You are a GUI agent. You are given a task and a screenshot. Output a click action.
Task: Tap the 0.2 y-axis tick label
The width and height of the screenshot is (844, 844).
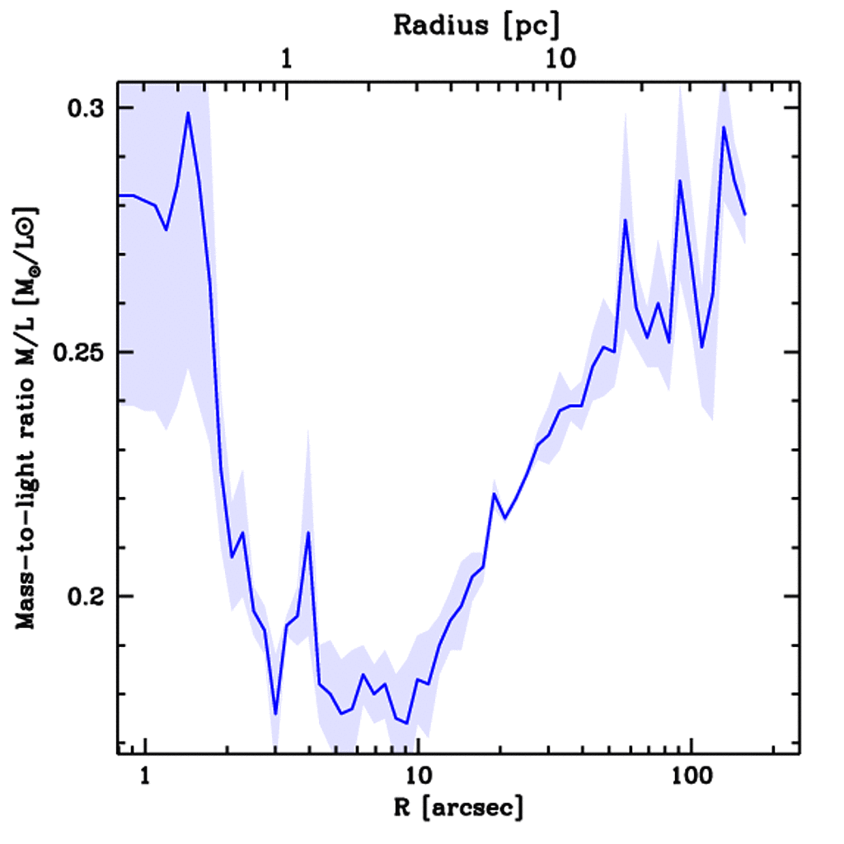85,596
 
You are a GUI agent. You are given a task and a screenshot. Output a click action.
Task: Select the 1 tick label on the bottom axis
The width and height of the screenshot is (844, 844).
145,776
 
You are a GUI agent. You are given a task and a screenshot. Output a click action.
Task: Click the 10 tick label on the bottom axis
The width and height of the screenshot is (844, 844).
418,776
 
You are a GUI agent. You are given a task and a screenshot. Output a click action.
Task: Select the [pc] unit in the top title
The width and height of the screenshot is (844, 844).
532,26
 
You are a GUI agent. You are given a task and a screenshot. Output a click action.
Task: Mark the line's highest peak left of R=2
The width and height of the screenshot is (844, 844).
188,113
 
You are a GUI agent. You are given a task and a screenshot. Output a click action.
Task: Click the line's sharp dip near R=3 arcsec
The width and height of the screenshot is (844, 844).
275,714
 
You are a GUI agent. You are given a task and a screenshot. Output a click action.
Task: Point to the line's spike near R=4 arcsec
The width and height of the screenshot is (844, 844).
307,532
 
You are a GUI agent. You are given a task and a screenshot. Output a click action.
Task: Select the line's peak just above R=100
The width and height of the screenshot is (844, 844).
724,127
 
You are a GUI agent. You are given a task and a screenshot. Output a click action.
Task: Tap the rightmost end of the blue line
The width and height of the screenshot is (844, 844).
745,215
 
